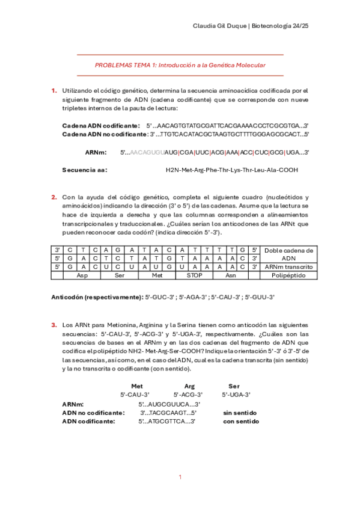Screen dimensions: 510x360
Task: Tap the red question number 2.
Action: click(54, 197)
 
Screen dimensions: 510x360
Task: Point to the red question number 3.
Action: click(54, 325)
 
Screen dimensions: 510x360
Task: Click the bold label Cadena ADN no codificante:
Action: click(105, 134)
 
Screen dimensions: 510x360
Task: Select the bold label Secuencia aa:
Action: click(85, 170)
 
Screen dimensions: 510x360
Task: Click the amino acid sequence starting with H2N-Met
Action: click(231, 170)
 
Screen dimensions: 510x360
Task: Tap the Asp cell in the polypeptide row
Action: click(82, 275)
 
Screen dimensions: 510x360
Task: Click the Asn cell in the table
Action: click(230, 275)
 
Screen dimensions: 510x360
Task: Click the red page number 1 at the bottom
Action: click(180, 477)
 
